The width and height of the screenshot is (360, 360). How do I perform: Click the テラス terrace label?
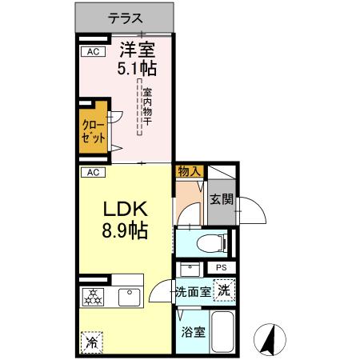(x=124, y=16)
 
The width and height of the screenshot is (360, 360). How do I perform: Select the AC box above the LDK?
(x=93, y=172)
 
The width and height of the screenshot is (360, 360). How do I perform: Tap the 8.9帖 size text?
(x=125, y=234)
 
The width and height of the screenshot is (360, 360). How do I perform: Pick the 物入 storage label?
(x=189, y=171)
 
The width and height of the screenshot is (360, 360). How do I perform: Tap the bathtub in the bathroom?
(x=223, y=332)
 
